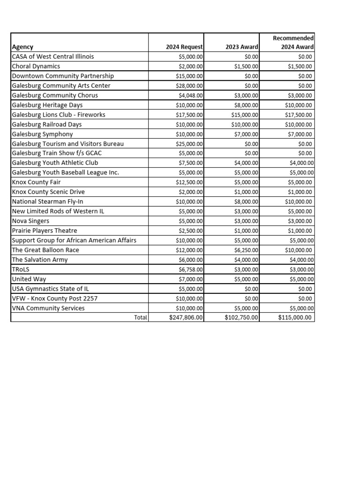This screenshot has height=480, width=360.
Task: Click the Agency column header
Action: (x=22, y=47)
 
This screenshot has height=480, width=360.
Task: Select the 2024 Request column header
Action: (x=184, y=47)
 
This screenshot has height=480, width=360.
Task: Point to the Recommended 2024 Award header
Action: (x=293, y=42)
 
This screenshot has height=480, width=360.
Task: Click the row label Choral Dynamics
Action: (x=36, y=66)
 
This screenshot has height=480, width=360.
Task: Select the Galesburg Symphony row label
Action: (x=42, y=134)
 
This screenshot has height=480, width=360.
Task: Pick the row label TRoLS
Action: (x=21, y=270)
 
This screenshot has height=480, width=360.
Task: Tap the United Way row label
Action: (x=29, y=279)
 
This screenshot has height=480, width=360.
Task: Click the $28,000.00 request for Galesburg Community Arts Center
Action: (x=189, y=86)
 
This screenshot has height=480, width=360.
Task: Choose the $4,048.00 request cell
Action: (x=191, y=95)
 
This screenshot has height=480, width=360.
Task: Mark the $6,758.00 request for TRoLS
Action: (x=191, y=270)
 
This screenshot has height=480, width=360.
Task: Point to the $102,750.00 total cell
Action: (x=241, y=318)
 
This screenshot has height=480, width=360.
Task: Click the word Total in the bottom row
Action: (x=141, y=318)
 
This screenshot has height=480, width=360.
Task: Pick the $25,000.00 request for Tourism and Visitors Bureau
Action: (x=189, y=144)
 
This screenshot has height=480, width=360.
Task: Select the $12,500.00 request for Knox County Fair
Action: (x=189, y=182)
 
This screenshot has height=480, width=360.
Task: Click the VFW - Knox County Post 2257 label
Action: (x=55, y=299)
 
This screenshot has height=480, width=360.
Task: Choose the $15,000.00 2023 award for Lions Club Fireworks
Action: (x=245, y=115)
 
